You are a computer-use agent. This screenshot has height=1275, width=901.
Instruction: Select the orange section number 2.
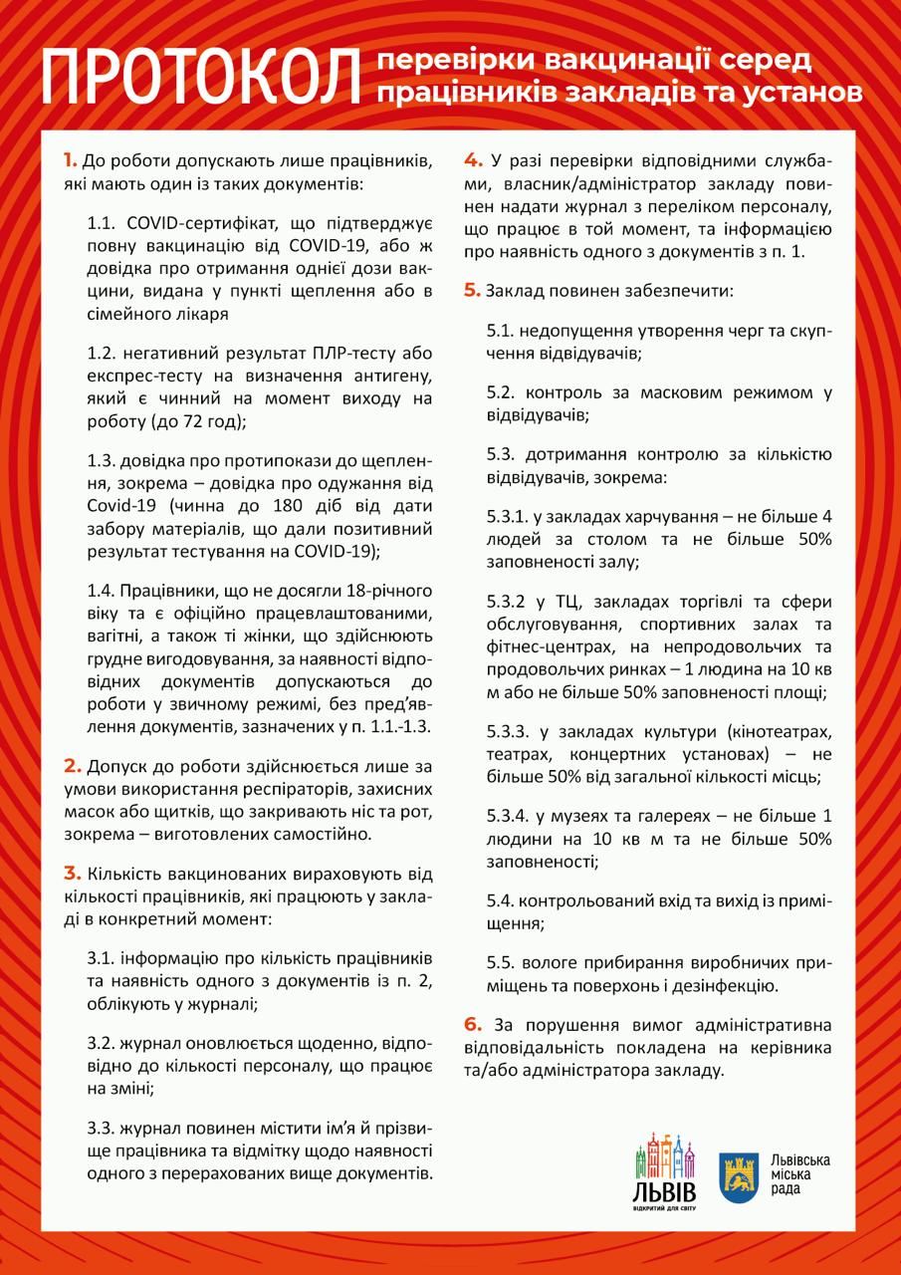pyautogui.click(x=72, y=766)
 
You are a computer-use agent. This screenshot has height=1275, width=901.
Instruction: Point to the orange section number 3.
pyautogui.click(x=72, y=874)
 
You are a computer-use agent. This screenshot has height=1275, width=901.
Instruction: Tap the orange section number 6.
pyautogui.click(x=473, y=1024)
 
